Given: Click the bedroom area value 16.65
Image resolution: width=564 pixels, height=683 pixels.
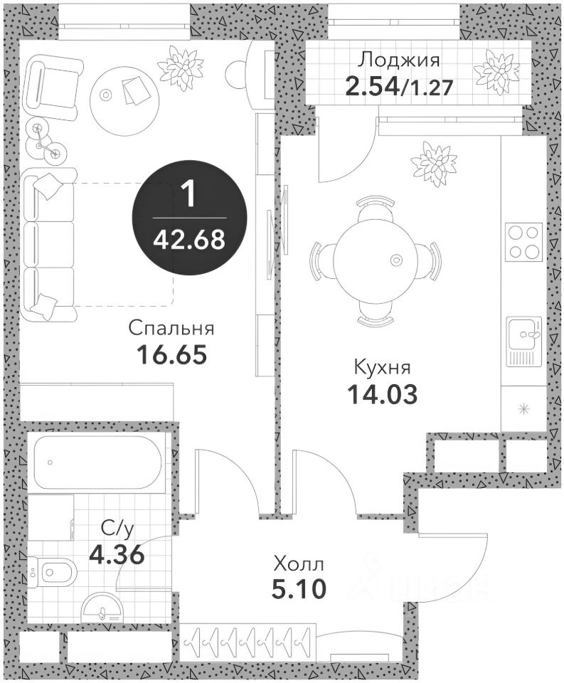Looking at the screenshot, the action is [x=171, y=354].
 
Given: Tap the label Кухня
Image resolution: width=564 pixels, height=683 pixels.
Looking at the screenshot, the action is [x=382, y=367].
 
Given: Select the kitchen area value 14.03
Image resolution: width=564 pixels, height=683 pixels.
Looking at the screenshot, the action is [x=383, y=394].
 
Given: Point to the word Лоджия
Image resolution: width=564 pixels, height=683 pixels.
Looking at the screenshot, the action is [x=398, y=60].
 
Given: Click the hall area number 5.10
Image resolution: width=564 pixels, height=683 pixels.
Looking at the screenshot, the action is [x=299, y=589].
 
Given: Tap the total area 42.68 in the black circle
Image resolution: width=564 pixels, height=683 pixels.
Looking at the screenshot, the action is [x=189, y=239].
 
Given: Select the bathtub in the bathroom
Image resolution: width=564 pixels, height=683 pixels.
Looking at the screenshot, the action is [x=97, y=462].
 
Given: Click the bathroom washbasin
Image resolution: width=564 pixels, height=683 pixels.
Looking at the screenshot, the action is [x=102, y=608].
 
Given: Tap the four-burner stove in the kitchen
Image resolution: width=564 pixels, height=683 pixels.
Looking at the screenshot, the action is [x=523, y=241].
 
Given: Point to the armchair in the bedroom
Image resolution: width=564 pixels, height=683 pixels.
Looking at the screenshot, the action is [x=55, y=88].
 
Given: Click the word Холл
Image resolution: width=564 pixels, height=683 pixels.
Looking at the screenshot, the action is [x=299, y=565].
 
